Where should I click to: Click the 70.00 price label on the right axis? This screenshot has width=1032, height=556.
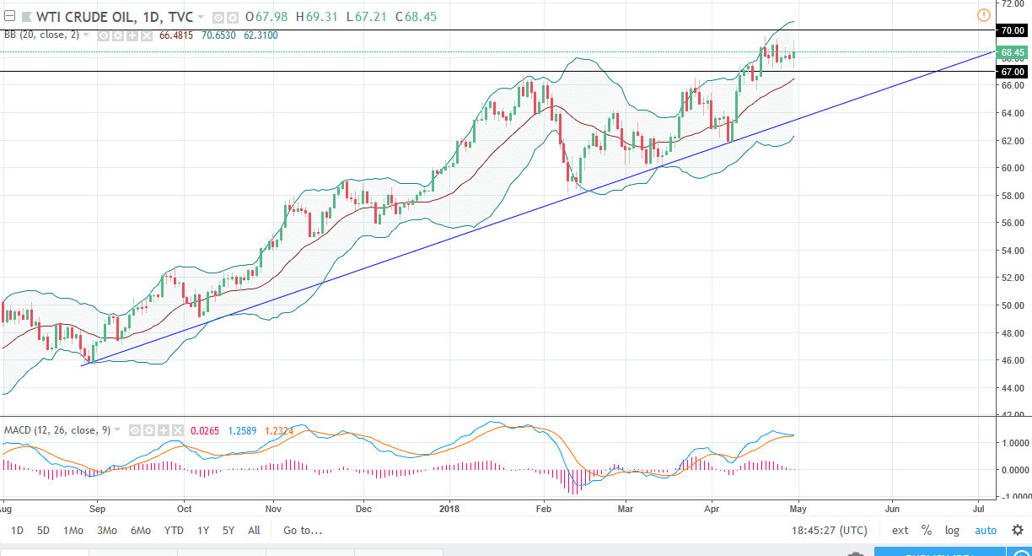tap(1012, 30)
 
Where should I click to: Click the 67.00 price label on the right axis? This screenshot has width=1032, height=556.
tap(1012, 72)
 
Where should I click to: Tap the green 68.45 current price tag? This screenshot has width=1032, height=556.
tap(1012, 52)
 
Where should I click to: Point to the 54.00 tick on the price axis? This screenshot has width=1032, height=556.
tap(1012, 251)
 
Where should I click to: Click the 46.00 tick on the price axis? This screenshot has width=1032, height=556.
tap(1012, 360)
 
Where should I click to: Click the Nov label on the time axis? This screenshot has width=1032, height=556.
tap(273, 509)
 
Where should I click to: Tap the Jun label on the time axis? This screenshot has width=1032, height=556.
tap(892, 509)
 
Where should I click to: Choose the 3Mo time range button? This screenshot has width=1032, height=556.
tap(107, 531)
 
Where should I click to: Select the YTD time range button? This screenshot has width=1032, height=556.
tap(174, 531)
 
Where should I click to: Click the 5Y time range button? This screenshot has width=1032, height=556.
tap(228, 531)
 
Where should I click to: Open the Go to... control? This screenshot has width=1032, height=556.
tap(303, 531)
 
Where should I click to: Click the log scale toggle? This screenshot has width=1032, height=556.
tap(953, 531)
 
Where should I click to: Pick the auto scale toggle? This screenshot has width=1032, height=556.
tap(986, 531)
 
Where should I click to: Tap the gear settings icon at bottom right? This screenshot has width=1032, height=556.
tap(1018, 531)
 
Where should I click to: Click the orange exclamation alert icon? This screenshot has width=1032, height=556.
tap(983, 15)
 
